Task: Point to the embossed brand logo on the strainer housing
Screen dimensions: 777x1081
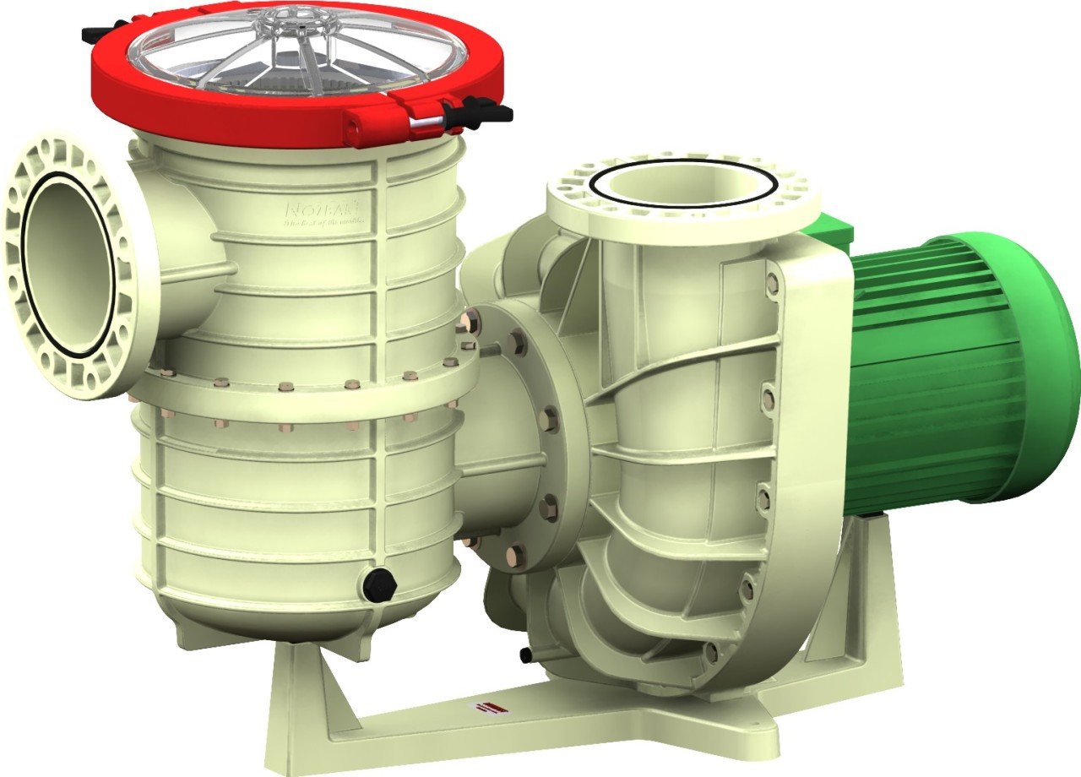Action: point(325,211)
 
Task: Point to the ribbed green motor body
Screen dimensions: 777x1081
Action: point(929,380)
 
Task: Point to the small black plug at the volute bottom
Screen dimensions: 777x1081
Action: point(526,655)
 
